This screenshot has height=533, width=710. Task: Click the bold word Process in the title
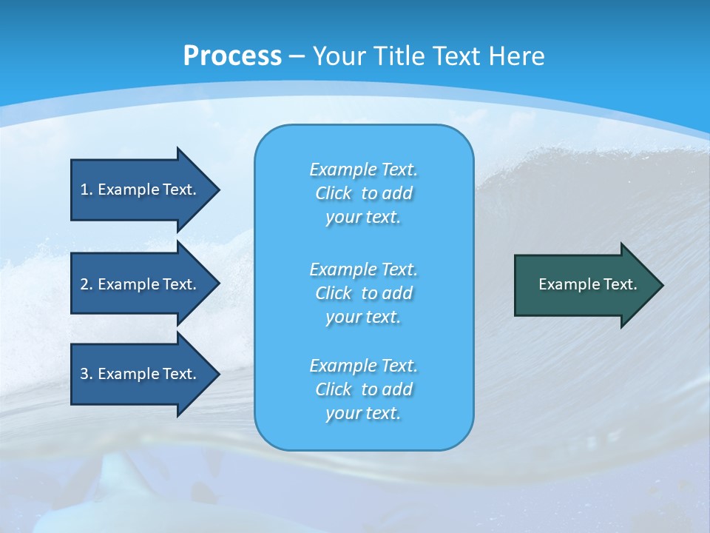[x=232, y=56]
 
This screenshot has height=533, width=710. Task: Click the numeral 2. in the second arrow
[x=87, y=284]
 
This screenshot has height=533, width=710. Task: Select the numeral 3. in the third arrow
[x=87, y=374]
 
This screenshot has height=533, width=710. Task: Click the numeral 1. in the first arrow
[x=87, y=190]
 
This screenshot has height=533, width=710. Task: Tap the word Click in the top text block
[x=334, y=194]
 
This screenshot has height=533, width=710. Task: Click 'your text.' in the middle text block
[x=363, y=317]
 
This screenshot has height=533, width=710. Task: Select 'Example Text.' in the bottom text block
[x=363, y=366]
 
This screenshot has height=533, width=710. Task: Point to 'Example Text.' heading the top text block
[x=363, y=170]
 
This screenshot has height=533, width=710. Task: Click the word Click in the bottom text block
[x=334, y=389]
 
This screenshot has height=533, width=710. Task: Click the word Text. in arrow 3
[x=179, y=374]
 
